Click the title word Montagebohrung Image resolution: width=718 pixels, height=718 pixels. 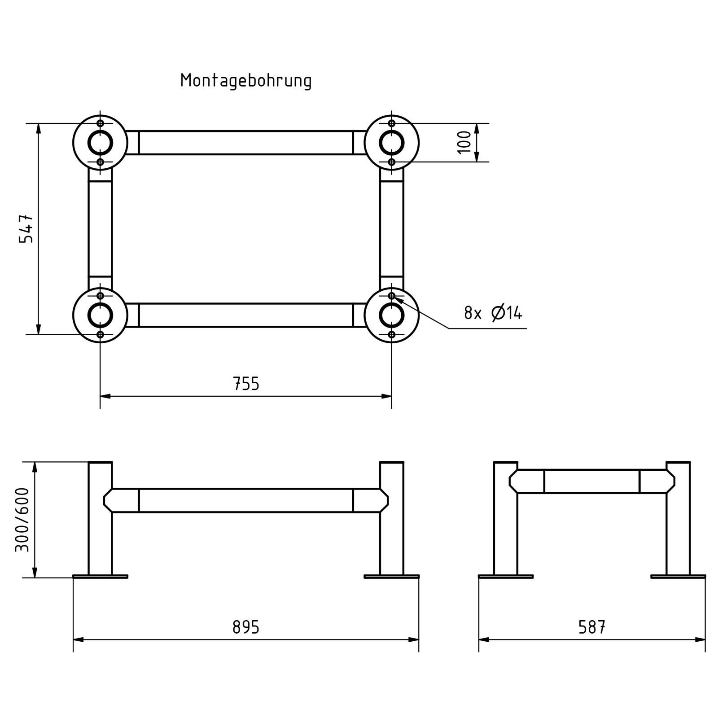(x=246, y=81)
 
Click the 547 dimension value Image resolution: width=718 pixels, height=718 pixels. (x=26, y=228)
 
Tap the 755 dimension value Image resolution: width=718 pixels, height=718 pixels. (x=246, y=384)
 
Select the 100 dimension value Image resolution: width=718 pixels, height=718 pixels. (x=464, y=142)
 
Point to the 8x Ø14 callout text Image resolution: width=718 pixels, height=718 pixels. (x=493, y=312)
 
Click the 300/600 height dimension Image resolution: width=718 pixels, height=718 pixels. (x=22, y=519)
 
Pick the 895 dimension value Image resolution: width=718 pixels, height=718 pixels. (x=246, y=627)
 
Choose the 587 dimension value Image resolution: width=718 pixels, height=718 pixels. (x=592, y=627)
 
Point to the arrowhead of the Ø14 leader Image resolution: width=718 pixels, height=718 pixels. (x=394, y=297)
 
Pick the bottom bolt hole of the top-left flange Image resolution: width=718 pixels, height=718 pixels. (x=100, y=162)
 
